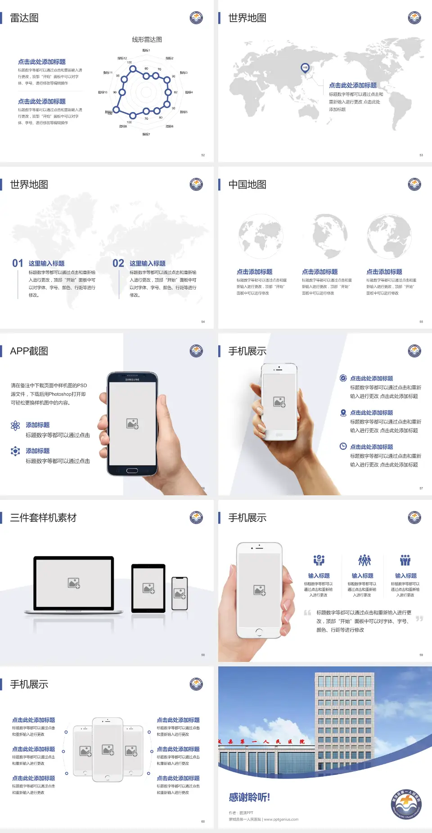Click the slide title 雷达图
24,18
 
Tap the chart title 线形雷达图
147,40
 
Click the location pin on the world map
305,68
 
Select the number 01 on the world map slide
18,263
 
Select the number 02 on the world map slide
118,263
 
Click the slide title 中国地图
247,185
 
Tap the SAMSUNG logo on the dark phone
132,380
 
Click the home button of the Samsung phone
132,471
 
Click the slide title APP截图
29,351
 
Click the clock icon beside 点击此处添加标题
343,446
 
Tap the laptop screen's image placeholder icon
74,583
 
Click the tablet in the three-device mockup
148,588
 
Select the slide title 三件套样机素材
43,518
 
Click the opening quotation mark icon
307,612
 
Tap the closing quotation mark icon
419,619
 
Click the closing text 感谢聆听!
249,797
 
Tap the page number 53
421,155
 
